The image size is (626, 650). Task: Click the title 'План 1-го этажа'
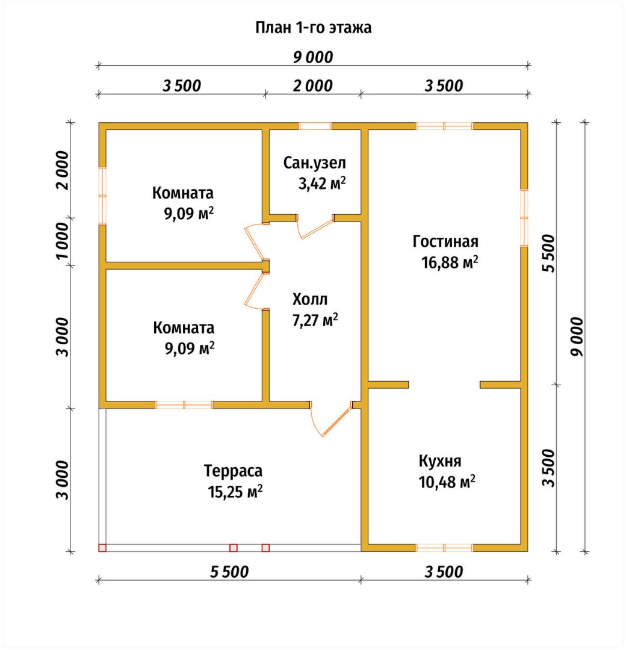coord(313,28)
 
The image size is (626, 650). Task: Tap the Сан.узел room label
coord(314,163)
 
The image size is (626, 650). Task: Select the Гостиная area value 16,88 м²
coord(450,262)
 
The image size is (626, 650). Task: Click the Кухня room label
coord(440,461)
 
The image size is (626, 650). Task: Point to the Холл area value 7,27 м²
coord(315,320)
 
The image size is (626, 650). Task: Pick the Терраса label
coord(233,471)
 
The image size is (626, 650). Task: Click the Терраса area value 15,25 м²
coord(235,492)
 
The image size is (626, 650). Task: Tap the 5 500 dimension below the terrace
coord(229,572)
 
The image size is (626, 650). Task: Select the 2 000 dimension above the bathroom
coord(313,86)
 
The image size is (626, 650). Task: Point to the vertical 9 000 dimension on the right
coord(577,336)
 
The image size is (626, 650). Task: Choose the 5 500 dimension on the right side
coord(548,253)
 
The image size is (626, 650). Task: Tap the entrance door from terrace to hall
coord(332,419)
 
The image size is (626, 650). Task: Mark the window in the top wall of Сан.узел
coord(315,126)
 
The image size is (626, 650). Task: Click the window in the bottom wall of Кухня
coord(444,548)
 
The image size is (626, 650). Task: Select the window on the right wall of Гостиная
coord(524,218)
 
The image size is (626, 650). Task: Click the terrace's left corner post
coord(102,548)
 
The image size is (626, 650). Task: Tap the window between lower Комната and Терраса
coord(184,405)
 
